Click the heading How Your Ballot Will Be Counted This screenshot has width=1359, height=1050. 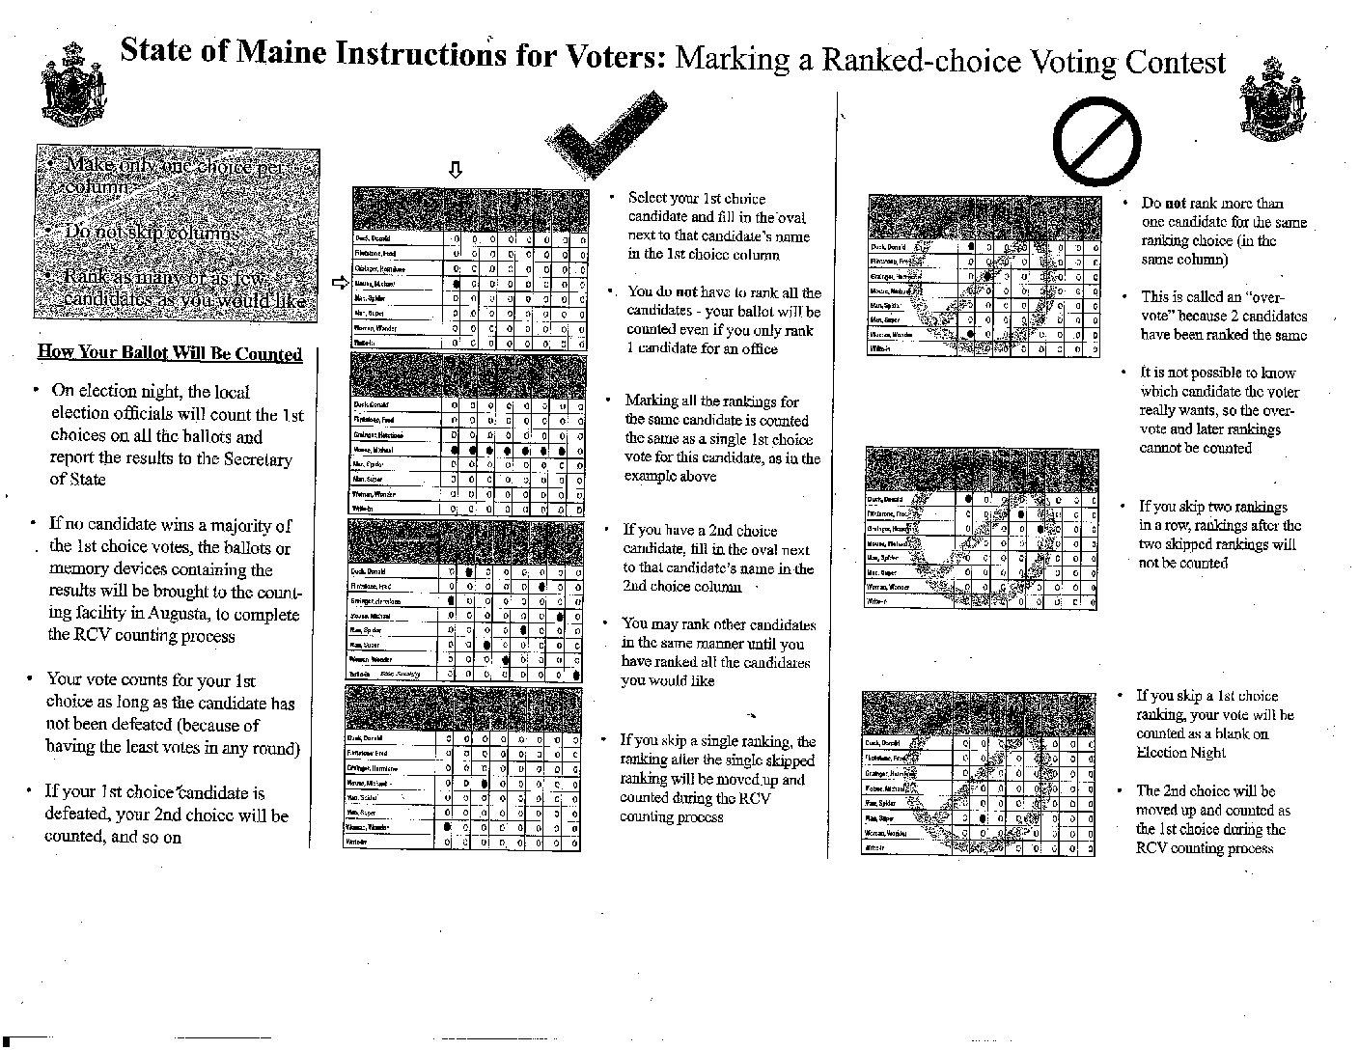coord(170,353)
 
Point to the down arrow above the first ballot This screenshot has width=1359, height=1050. coord(456,170)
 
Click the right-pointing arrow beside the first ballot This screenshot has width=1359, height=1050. coord(339,284)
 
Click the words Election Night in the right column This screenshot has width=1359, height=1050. coord(1181,753)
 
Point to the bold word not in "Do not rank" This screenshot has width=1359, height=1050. coord(1176,203)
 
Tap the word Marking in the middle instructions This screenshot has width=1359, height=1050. coord(652,401)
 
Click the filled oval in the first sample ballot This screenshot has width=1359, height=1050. coord(456,284)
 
